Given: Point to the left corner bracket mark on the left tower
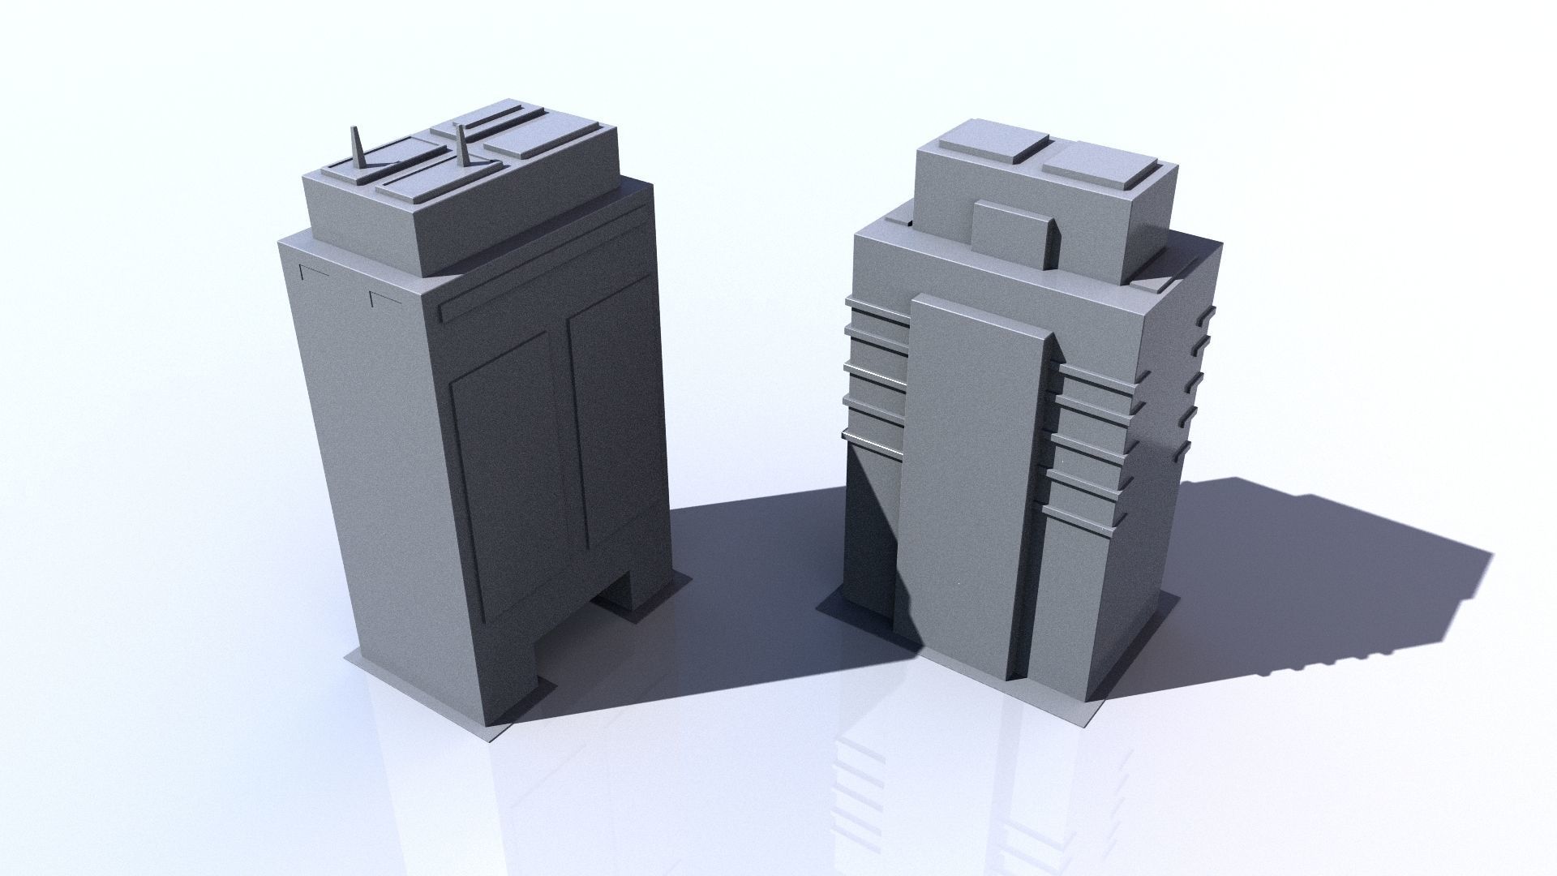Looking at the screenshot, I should tap(313, 270).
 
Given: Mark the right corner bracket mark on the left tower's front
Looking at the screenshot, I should tap(384, 298).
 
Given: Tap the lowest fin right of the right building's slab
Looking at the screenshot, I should tap(1085, 519).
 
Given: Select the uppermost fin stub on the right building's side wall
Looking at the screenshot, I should tap(1209, 314).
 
